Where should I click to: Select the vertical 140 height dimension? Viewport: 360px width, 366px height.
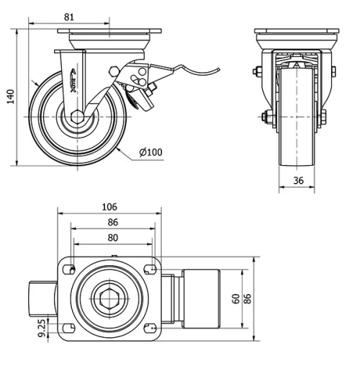point(10,96)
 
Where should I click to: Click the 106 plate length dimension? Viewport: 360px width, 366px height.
point(109,207)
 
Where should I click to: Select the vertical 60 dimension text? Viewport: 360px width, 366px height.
point(235,299)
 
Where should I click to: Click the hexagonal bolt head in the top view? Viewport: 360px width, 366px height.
point(110,299)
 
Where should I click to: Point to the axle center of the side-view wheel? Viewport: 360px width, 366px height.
point(76,117)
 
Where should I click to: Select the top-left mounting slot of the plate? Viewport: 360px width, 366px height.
point(70,269)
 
